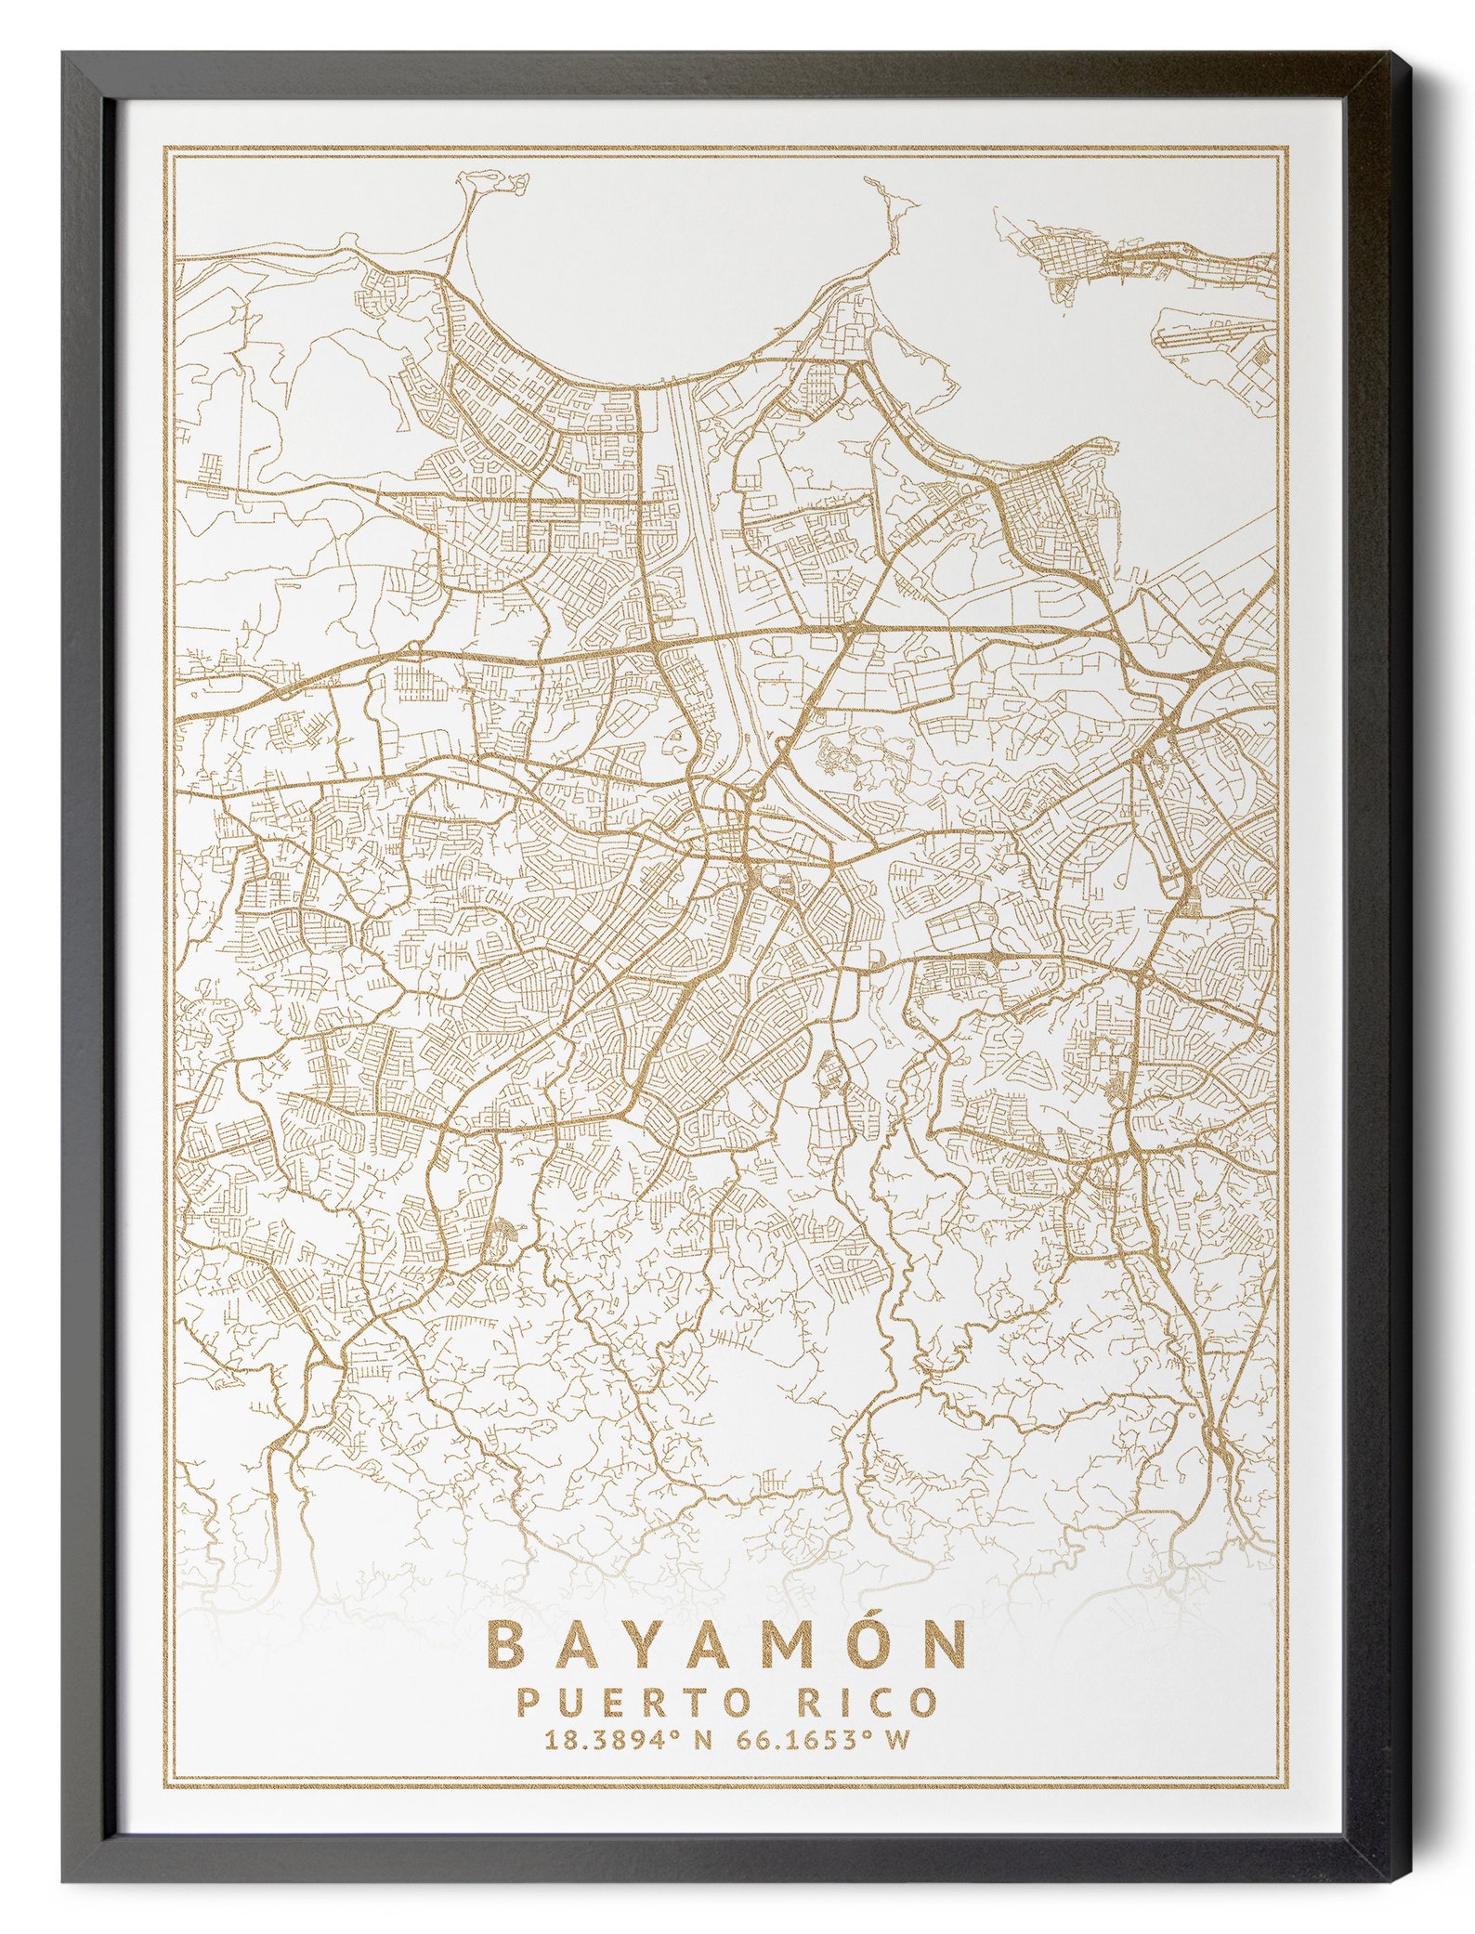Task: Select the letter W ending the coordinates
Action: click(x=895, y=1740)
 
